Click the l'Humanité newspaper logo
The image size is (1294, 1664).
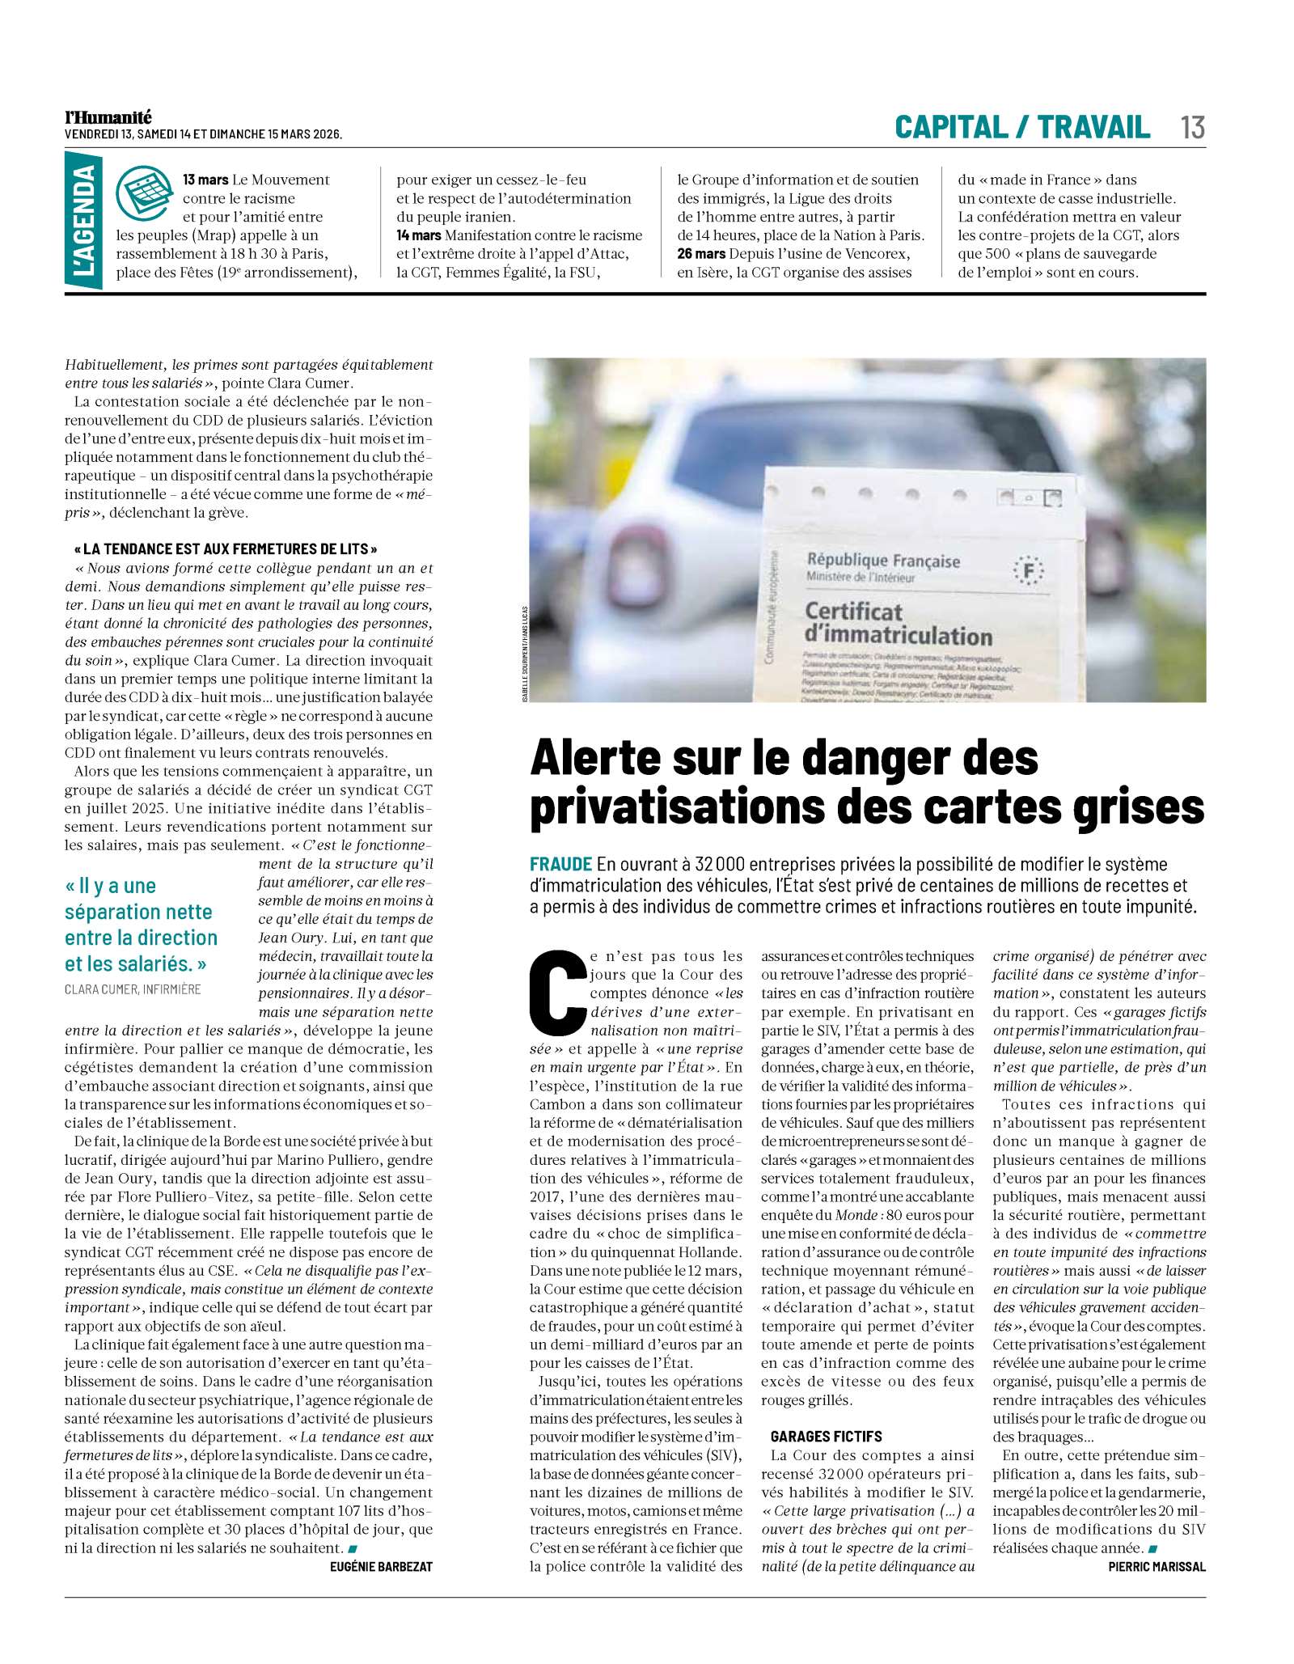(108, 118)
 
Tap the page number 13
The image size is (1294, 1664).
(1192, 128)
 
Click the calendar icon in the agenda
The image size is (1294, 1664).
(145, 192)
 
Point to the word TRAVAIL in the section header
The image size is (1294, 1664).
(1093, 127)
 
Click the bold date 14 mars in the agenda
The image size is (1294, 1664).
(418, 235)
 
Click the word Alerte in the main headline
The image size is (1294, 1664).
(600, 759)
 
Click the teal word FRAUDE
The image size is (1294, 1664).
(561, 865)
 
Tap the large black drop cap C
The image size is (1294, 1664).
(558, 996)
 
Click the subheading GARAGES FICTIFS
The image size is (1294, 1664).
(826, 1437)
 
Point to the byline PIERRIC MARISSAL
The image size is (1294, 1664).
(1157, 1567)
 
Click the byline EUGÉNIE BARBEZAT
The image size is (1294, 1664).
(382, 1567)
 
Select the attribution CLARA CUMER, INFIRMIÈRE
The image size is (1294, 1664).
(133, 989)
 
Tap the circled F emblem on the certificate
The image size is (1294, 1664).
(1029, 571)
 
